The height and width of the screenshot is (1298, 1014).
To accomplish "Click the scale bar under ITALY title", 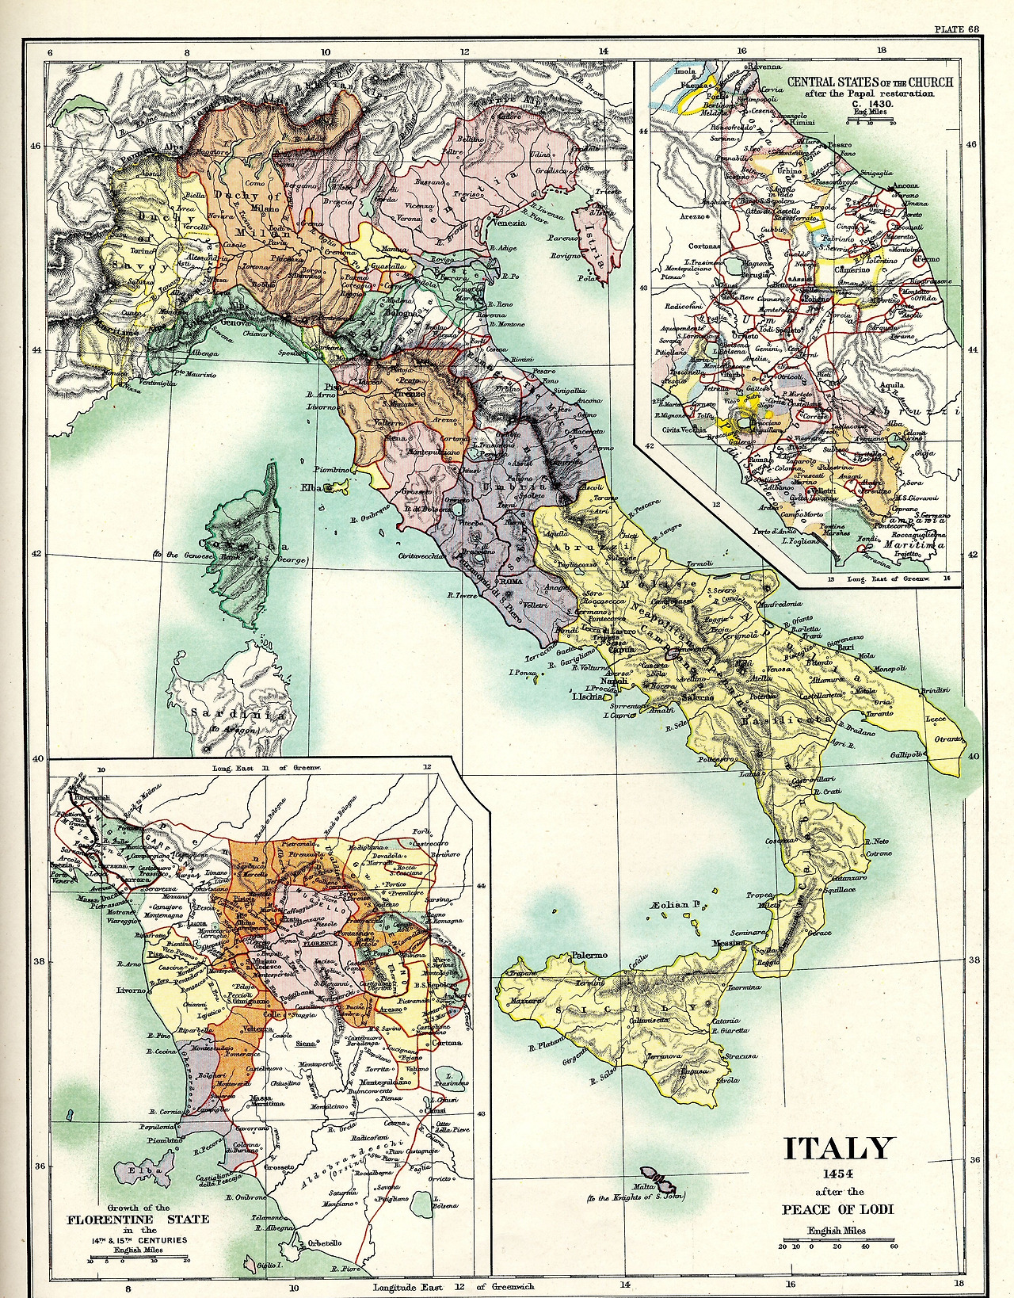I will click(x=837, y=1241).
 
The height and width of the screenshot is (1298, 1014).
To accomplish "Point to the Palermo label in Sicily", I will click(x=589, y=956).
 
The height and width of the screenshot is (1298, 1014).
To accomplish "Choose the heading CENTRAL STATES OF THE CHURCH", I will click(x=870, y=82).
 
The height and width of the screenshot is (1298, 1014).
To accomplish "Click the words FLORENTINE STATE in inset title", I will click(x=138, y=1219).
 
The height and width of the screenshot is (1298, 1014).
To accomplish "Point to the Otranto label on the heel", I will click(x=947, y=739).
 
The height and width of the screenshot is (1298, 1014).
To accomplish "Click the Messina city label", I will click(x=728, y=943).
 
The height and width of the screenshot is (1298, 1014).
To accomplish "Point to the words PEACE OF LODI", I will click(x=838, y=1209).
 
